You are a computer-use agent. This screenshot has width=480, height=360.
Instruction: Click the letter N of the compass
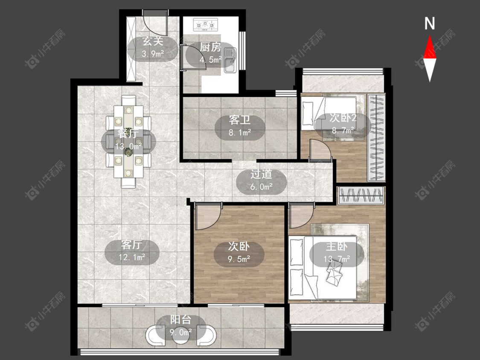[x=430, y=23]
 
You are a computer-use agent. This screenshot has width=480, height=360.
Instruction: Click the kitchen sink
[x=230, y=60]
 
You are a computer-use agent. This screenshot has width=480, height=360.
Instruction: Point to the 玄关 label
[x=153, y=41]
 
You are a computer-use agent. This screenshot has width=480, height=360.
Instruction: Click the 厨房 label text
[x=210, y=47]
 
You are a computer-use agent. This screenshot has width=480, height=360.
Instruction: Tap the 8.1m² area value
[x=240, y=133]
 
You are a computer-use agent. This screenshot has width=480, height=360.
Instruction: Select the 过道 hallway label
[x=261, y=174]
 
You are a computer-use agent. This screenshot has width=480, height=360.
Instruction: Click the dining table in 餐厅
[x=128, y=142]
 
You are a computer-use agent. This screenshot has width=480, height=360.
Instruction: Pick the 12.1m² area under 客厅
[x=132, y=258]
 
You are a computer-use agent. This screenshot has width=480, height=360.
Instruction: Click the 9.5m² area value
[x=239, y=259]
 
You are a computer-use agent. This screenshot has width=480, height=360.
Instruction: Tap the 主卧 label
[x=337, y=246]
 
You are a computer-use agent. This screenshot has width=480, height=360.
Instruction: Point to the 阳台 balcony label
[x=180, y=320]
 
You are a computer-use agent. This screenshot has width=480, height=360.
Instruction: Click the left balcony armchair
[x=156, y=335]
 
